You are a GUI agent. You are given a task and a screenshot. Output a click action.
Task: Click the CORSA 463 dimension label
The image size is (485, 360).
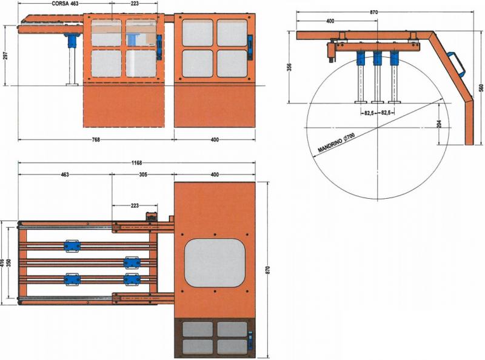point(65,4)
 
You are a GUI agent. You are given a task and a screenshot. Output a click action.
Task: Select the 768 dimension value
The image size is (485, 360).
point(96,140)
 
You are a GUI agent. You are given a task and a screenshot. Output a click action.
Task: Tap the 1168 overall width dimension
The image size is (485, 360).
point(138,163)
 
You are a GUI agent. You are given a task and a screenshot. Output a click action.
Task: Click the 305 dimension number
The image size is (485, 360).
point(143,175)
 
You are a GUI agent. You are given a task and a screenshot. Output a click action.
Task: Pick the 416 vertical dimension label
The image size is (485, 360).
point(3,263)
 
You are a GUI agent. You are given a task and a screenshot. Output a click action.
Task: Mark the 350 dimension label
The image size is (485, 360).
point(9,263)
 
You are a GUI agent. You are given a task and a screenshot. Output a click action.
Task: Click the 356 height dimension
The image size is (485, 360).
point(290,67)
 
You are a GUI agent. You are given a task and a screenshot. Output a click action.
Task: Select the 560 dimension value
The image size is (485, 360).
point(481,87)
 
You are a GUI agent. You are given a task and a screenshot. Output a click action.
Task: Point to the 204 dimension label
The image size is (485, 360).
point(440,124)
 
